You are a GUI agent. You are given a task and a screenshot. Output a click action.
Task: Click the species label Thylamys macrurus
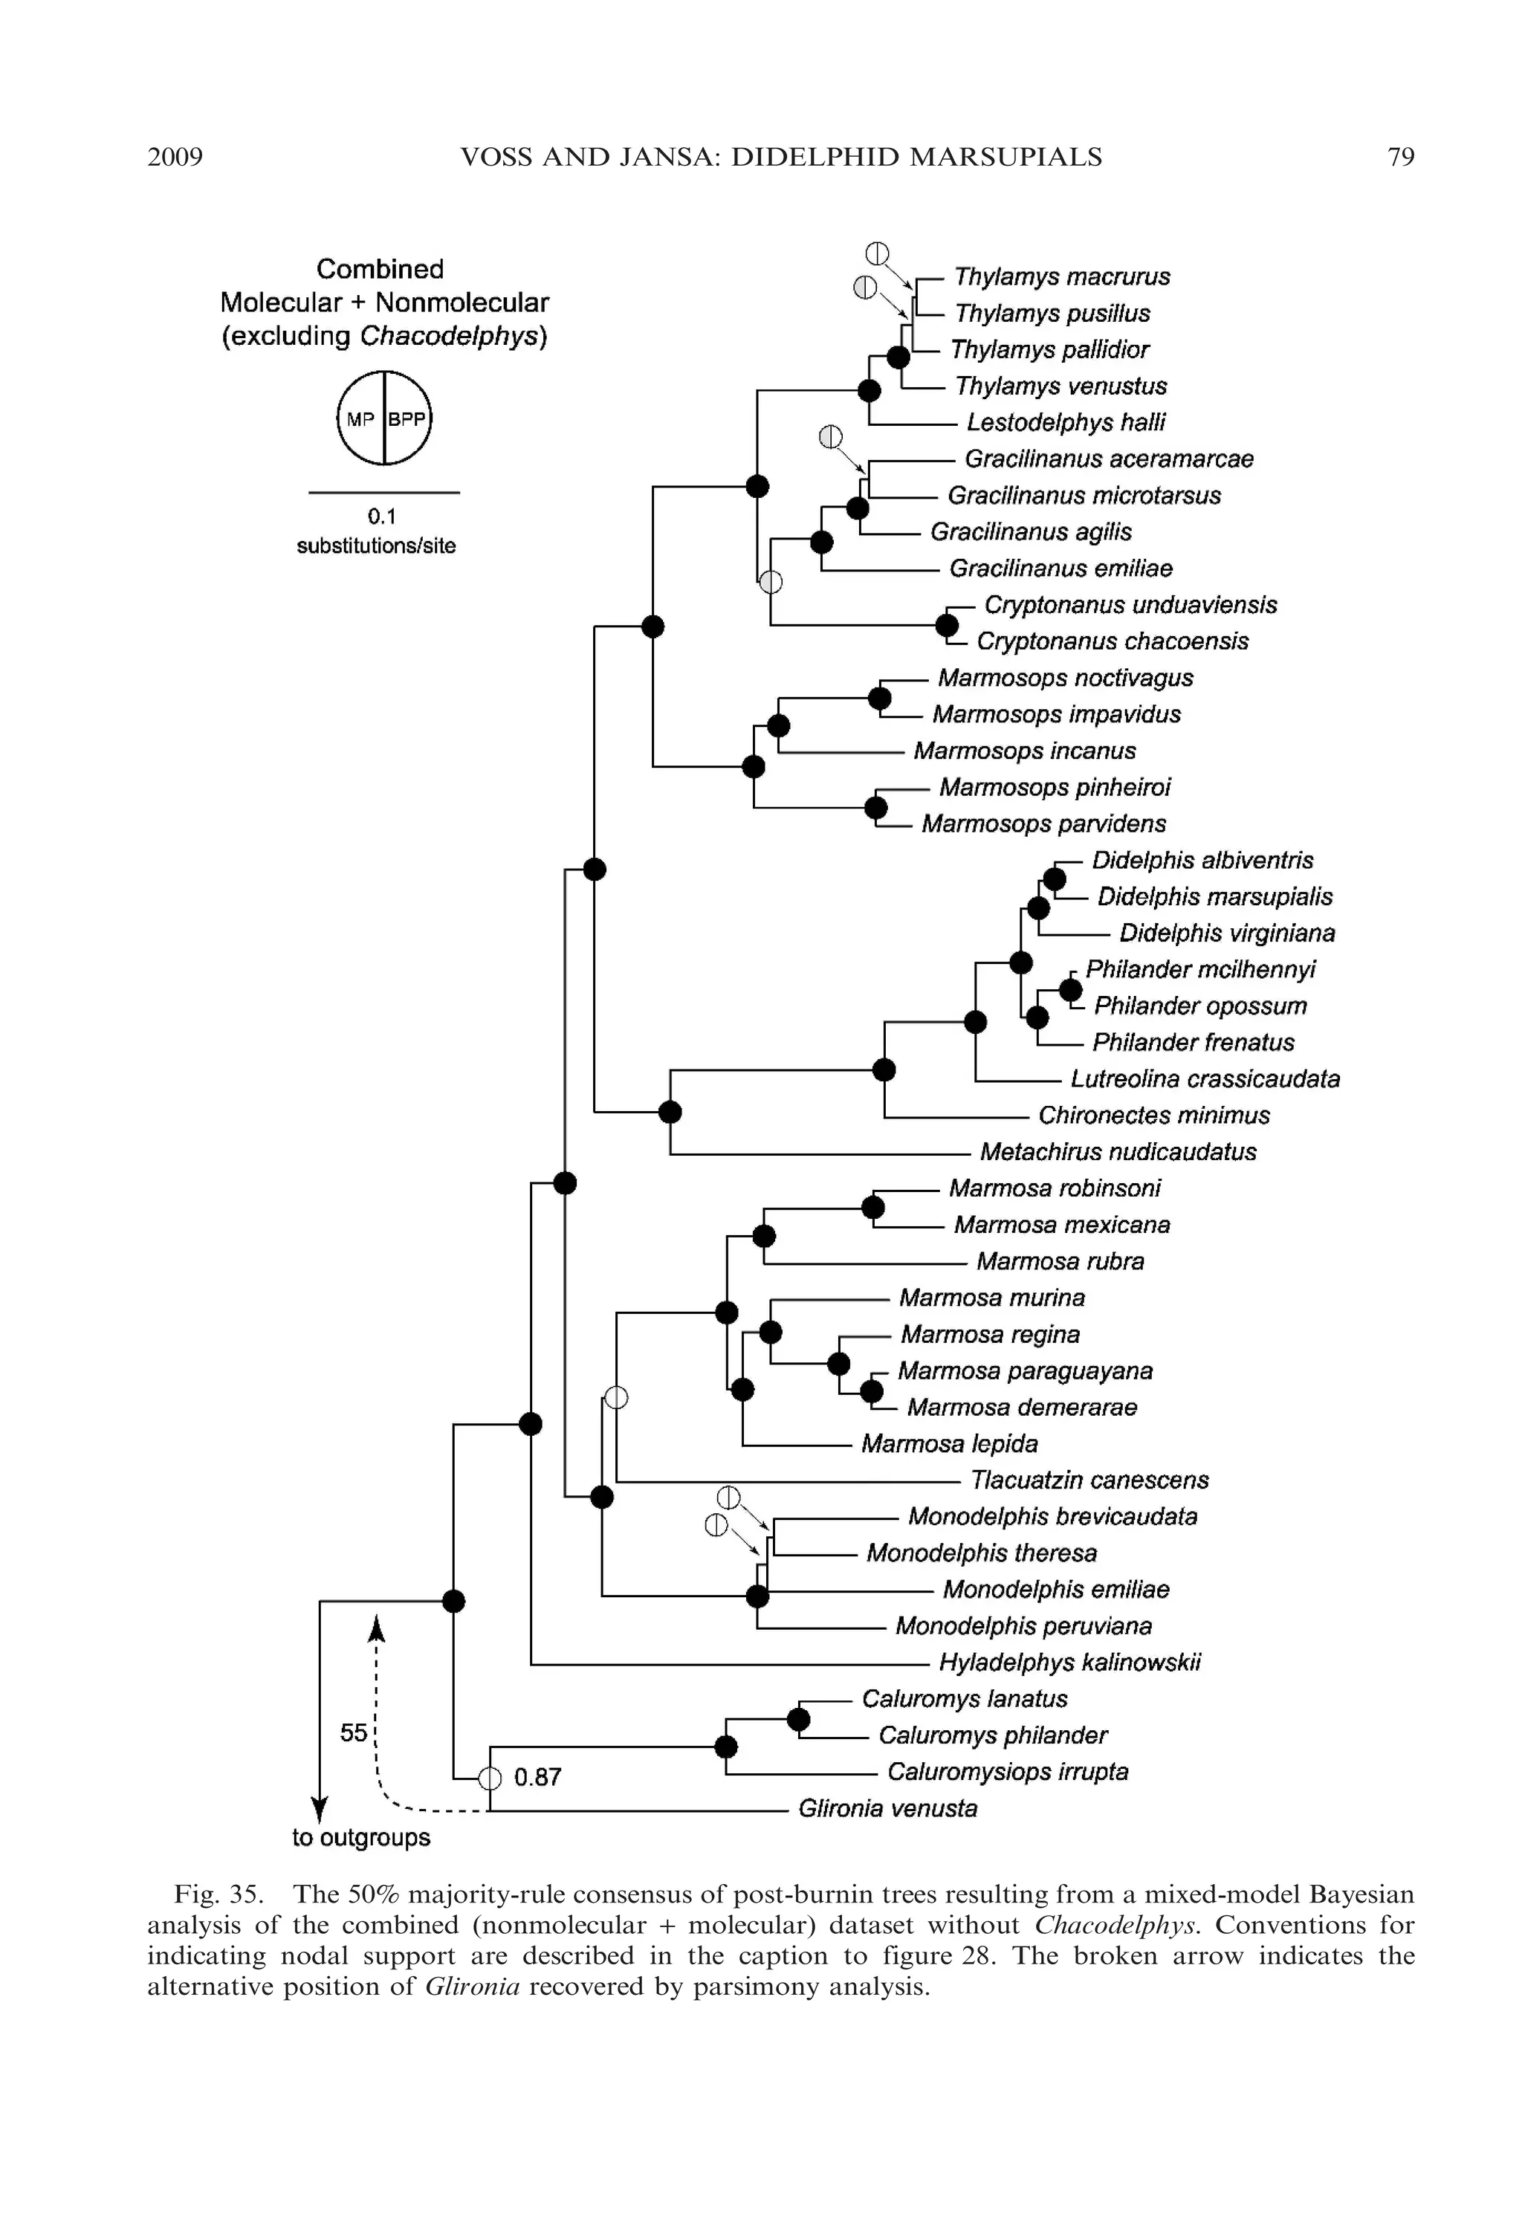[1061, 276]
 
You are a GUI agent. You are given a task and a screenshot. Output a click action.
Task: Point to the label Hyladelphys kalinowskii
[1069, 1662]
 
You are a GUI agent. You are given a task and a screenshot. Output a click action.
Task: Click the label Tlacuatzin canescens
[1089, 1480]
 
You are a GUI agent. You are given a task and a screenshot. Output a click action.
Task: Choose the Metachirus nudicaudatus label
[1118, 1152]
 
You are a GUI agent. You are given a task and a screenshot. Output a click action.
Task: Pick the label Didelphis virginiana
[1226, 933]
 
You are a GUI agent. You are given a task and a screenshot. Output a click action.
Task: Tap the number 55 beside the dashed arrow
[354, 1732]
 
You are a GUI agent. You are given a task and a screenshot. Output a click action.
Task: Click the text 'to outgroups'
[360, 1837]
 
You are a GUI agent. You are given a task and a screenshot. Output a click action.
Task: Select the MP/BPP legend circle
[384, 418]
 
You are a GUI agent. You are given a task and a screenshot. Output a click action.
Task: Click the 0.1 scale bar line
[383, 493]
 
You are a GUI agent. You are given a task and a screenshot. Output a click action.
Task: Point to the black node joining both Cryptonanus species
[946, 626]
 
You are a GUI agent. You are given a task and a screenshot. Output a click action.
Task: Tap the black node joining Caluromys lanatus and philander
[798, 1719]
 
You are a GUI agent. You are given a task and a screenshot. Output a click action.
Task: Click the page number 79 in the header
[1400, 158]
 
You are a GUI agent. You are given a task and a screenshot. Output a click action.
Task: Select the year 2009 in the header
[175, 158]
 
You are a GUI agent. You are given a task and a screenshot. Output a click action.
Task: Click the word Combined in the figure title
[380, 269]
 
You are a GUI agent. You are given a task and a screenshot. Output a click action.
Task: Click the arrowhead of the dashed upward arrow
[377, 1623]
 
